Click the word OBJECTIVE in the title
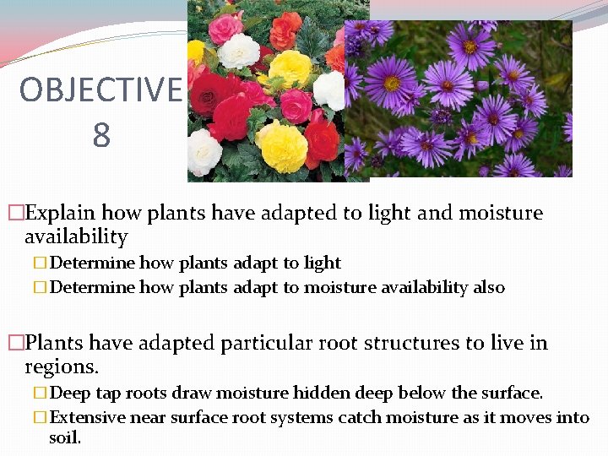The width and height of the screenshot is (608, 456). tap(100, 90)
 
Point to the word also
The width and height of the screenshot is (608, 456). tap(489, 287)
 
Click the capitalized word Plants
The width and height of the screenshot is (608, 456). tap(55, 343)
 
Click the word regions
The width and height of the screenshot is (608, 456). tap(62, 366)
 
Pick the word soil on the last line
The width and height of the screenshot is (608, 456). tap(64, 438)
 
